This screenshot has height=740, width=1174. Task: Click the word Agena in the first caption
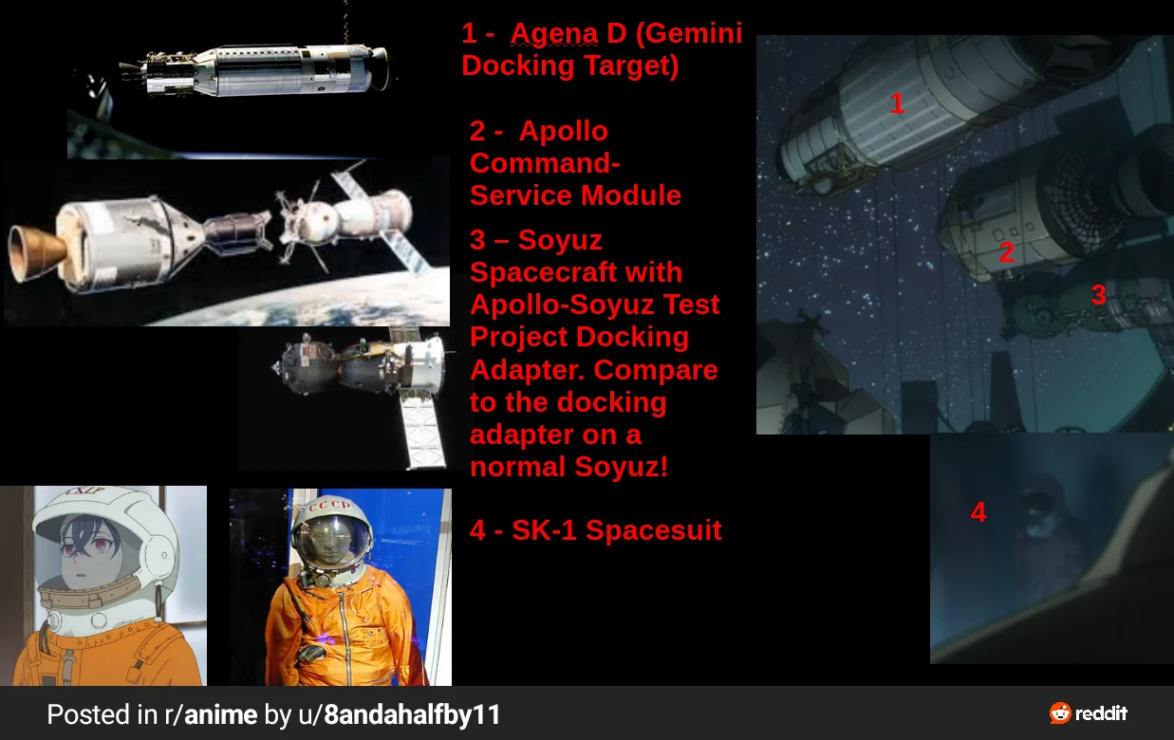coord(554,34)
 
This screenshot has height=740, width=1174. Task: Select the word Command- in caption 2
coord(545,163)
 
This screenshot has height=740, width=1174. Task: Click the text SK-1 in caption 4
coord(544,529)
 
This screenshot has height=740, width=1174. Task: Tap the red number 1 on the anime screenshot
coord(897,103)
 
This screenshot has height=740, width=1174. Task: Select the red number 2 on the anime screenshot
coord(1007,252)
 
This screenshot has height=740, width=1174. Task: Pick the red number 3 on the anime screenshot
coord(1098,294)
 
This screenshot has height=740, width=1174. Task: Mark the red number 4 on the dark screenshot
coord(978,512)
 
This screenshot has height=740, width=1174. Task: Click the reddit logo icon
coord(1060,713)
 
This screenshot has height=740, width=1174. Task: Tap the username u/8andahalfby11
coord(400,714)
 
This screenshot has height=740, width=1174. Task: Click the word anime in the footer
coord(220,714)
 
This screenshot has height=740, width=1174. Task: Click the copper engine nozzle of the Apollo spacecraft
coord(33,253)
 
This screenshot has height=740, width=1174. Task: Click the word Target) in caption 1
coord(630,66)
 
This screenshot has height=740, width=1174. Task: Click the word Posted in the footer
coord(88,714)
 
